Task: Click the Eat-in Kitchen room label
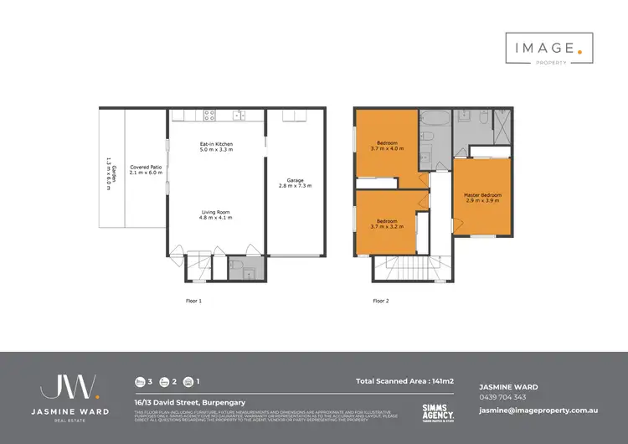click(x=216, y=148)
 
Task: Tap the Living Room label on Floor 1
click(x=216, y=214)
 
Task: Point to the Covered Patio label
click(x=146, y=169)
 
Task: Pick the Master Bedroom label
click(x=481, y=198)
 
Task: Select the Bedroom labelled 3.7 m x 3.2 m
click(x=387, y=224)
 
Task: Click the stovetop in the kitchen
click(x=208, y=116)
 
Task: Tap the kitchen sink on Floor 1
click(x=238, y=116)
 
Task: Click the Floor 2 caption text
click(x=381, y=299)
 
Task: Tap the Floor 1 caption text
click(x=194, y=299)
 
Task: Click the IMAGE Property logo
click(x=549, y=49)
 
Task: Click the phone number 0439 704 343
click(x=502, y=397)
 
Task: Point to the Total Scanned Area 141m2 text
click(x=404, y=381)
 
